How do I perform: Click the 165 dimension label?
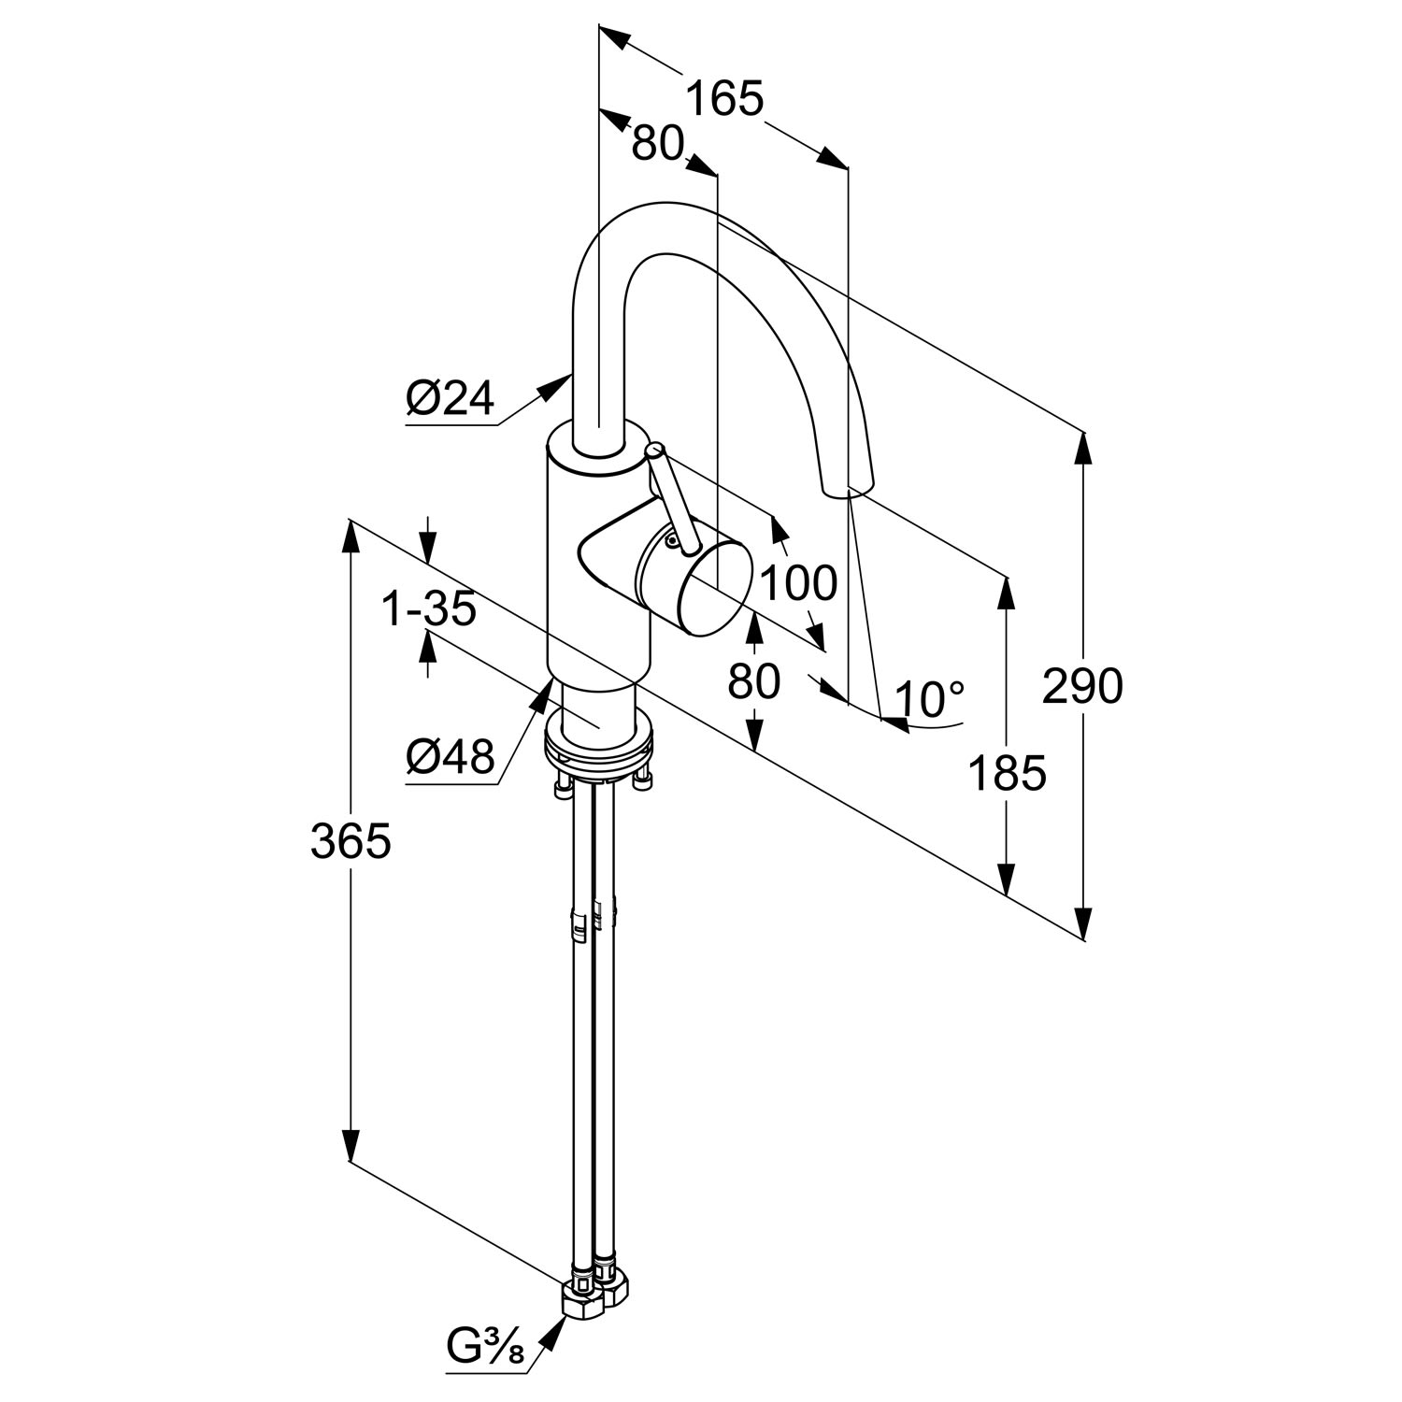coord(725,98)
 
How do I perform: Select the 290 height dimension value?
coord(1082,687)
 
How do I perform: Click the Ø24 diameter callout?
coord(450,400)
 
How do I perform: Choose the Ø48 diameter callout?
coord(450,757)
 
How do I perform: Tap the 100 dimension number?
coord(797,584)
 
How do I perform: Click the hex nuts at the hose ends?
coord(598,1291)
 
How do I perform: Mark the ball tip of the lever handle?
coord(655,451)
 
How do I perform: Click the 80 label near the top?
coord(658,145)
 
